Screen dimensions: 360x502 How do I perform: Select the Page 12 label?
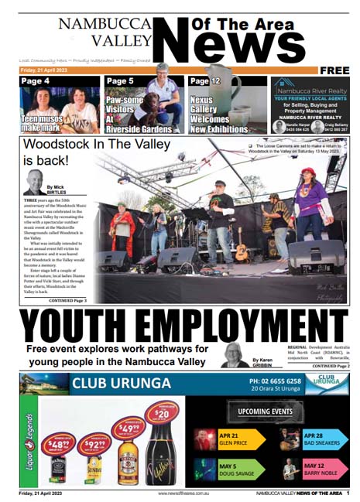pos(205,80)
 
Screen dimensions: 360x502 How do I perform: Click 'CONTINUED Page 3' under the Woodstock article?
pos(67,300)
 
